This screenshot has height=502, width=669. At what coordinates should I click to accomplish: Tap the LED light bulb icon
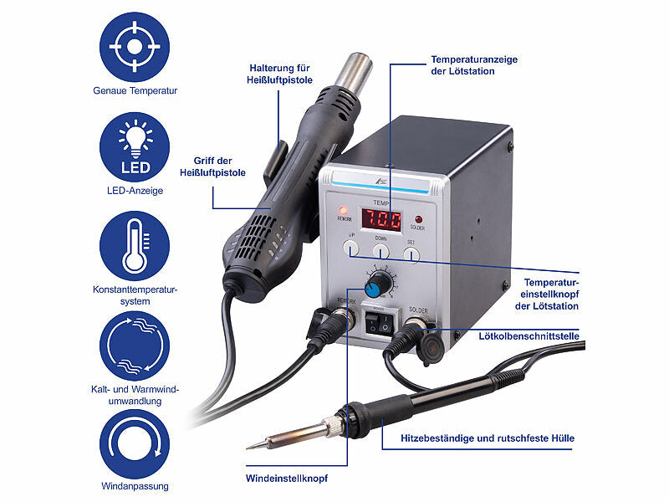click(x=134, y=146)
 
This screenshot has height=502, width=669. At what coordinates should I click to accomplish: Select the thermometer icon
click(x=134, y=245)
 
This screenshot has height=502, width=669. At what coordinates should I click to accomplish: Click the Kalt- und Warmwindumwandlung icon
click(x=134, y=346)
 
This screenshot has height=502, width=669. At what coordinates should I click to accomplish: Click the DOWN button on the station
click(x=380, y=249)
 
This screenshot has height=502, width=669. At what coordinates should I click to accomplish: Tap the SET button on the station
click(x=411, y=251)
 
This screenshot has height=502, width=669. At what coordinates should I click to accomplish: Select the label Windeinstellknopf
click(x=287, y=479)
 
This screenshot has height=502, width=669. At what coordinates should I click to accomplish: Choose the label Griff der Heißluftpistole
click(x=212, y=166)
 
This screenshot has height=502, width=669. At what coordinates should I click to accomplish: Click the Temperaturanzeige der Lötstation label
click(x=475, y=65)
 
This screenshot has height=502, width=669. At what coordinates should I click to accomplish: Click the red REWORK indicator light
click(x=344, y=209)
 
